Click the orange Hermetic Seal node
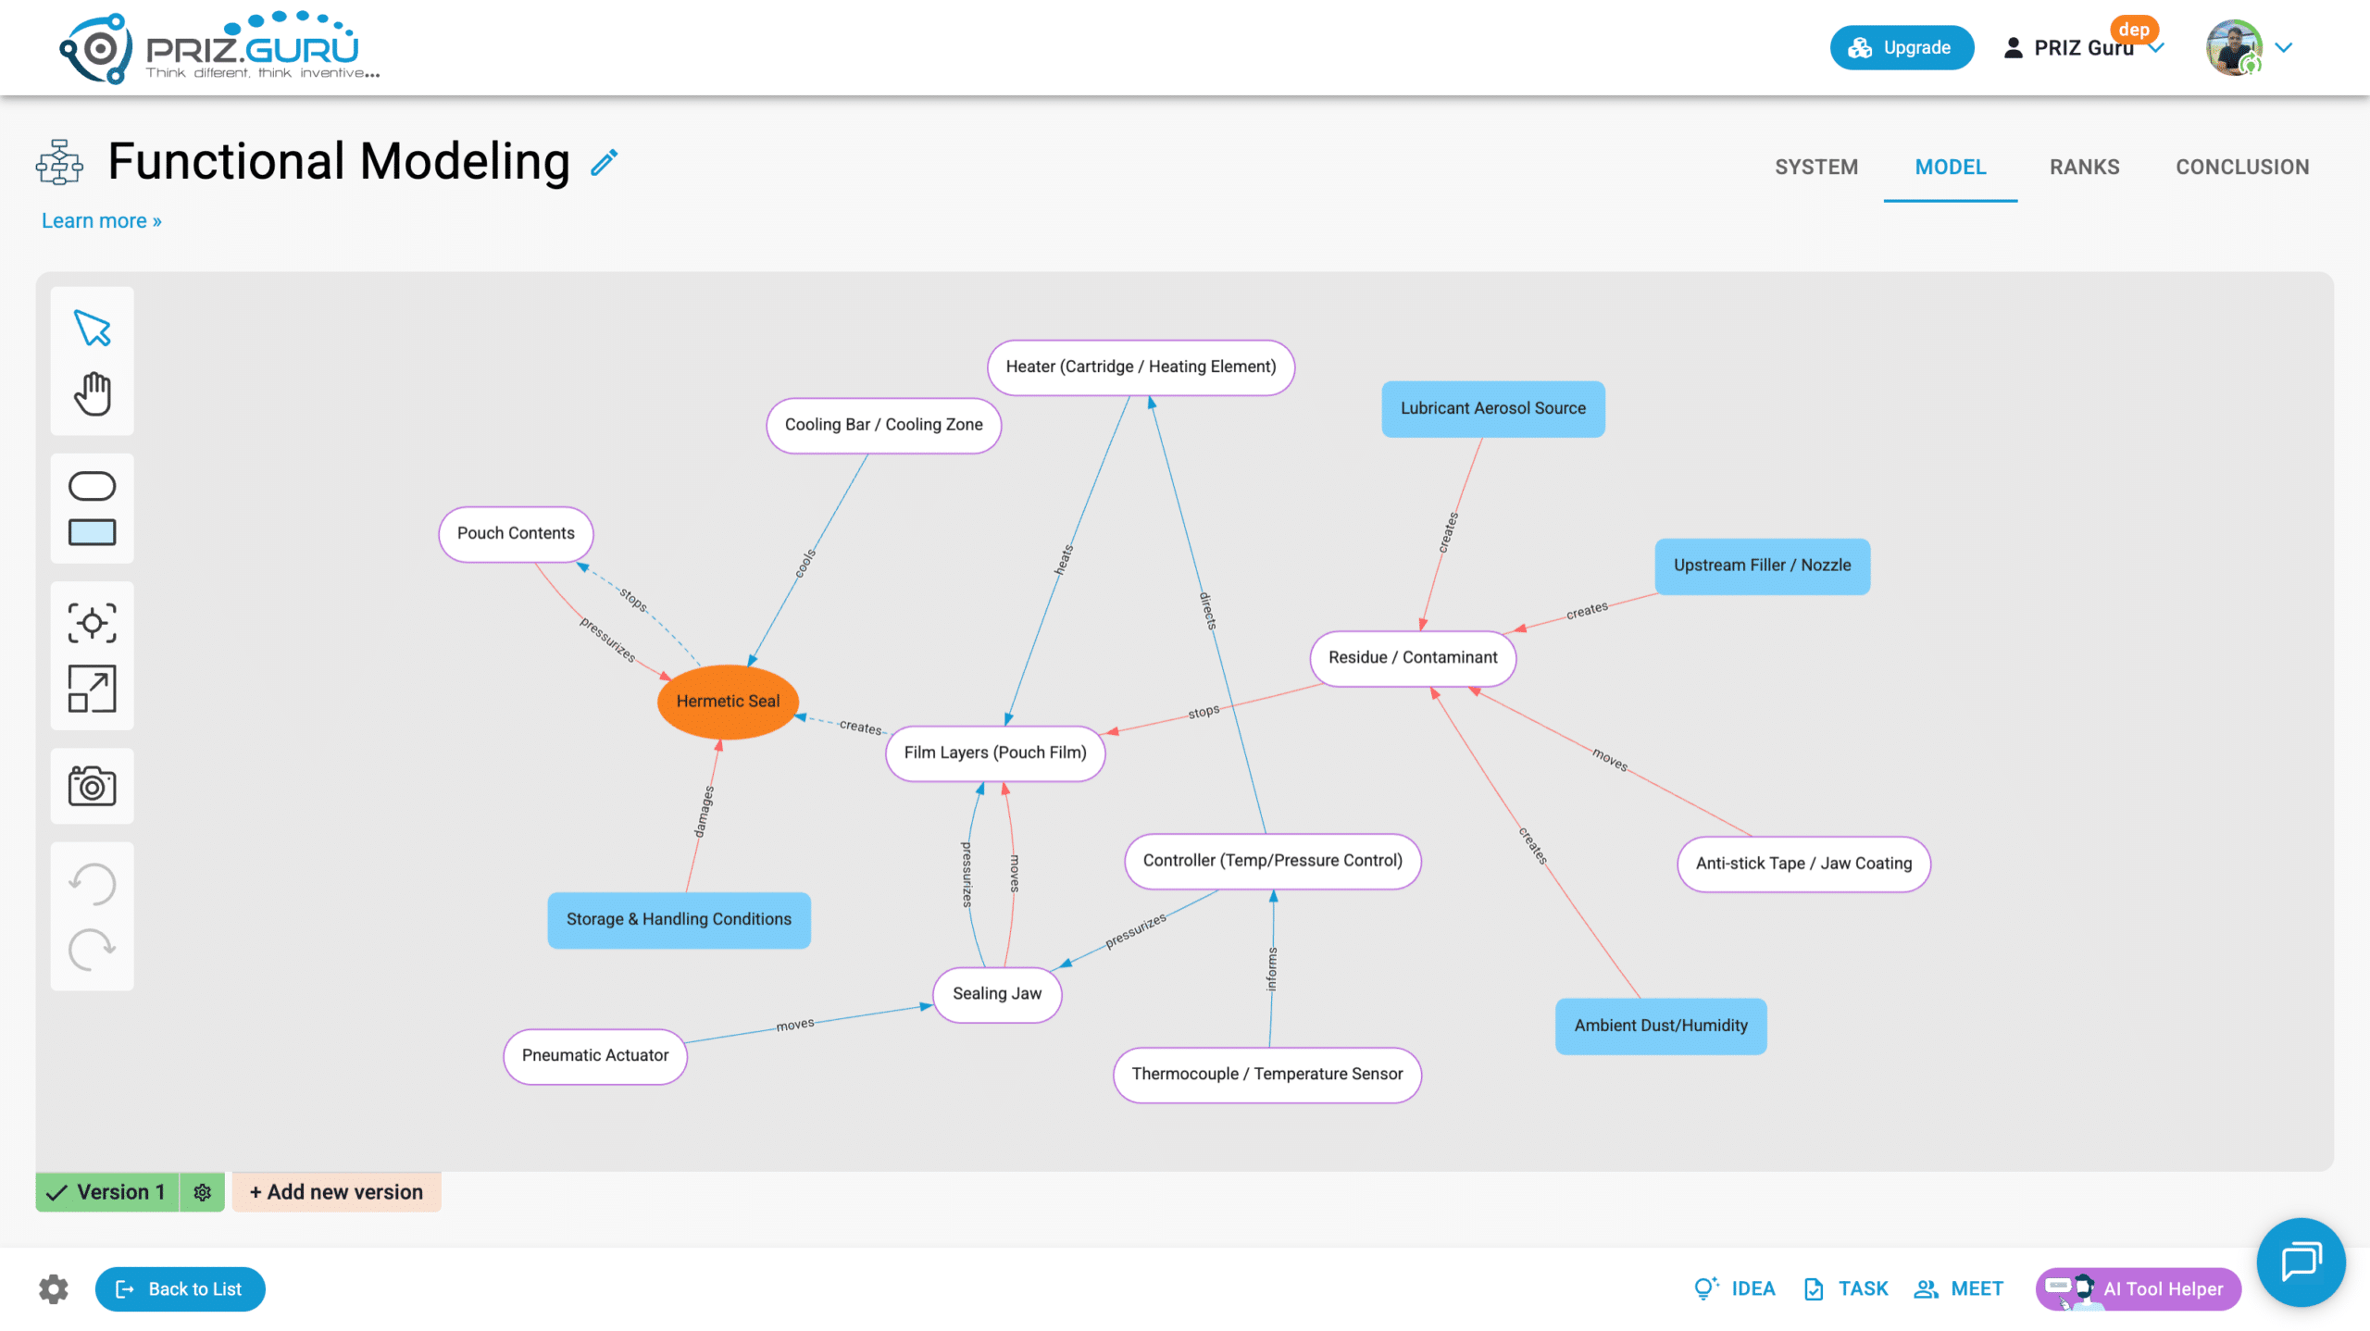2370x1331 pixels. point(728,702)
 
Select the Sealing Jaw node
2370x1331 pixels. point(997,994)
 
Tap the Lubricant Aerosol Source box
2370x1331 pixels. point(1493,408)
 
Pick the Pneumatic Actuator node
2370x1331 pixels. point(595,1056)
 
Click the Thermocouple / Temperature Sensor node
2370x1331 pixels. point(1267,1075)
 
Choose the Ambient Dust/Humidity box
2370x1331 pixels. point(1661,1026)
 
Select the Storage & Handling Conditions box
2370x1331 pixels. point(679,920)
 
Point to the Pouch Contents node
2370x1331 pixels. point(516,534)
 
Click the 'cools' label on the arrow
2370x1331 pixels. point(805,564)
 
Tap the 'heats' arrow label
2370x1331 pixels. point(1065,559)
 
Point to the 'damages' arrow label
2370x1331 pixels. point(705,812)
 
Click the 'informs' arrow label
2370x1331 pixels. point(1272,969)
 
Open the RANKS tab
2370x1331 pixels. point(2084,168)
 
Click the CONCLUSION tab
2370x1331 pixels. point(2242,168)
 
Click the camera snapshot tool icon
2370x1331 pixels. point(92,786)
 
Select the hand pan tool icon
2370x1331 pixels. point(93,394)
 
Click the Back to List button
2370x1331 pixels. point(181,1289)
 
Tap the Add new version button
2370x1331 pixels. point(336,1192)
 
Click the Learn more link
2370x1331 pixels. point(102,221)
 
